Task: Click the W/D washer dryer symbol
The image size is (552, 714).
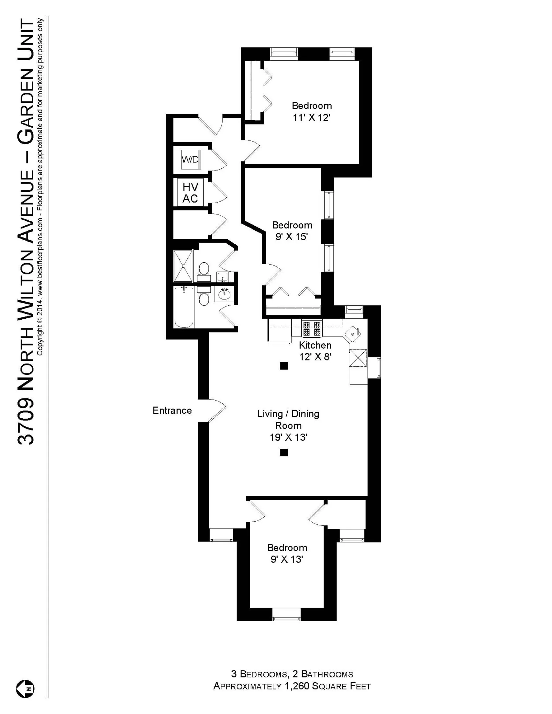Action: (190, 159)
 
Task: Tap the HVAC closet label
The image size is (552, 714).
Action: (190, 192)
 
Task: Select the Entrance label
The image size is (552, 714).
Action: (172, 410)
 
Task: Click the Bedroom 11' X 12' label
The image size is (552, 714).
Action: (311, 112)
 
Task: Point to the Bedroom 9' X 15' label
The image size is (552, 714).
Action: (292, 231)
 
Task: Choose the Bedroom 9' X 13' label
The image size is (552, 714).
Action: (287, 553)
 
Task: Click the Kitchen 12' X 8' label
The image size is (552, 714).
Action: (315, 351)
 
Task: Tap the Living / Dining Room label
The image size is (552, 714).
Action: (288, 425)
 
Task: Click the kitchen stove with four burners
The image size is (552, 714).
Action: (311, 329)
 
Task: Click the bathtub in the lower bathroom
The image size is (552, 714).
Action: (184, 307)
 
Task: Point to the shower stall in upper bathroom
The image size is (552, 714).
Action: (183, 266)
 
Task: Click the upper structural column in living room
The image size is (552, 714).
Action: (284, 366)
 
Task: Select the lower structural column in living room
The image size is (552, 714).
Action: (284, 453)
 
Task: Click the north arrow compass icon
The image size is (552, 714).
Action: (25, 689)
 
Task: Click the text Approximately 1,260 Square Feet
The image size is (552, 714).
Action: (292, 686)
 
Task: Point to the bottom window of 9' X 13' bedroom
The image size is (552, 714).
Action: (286, 619)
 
